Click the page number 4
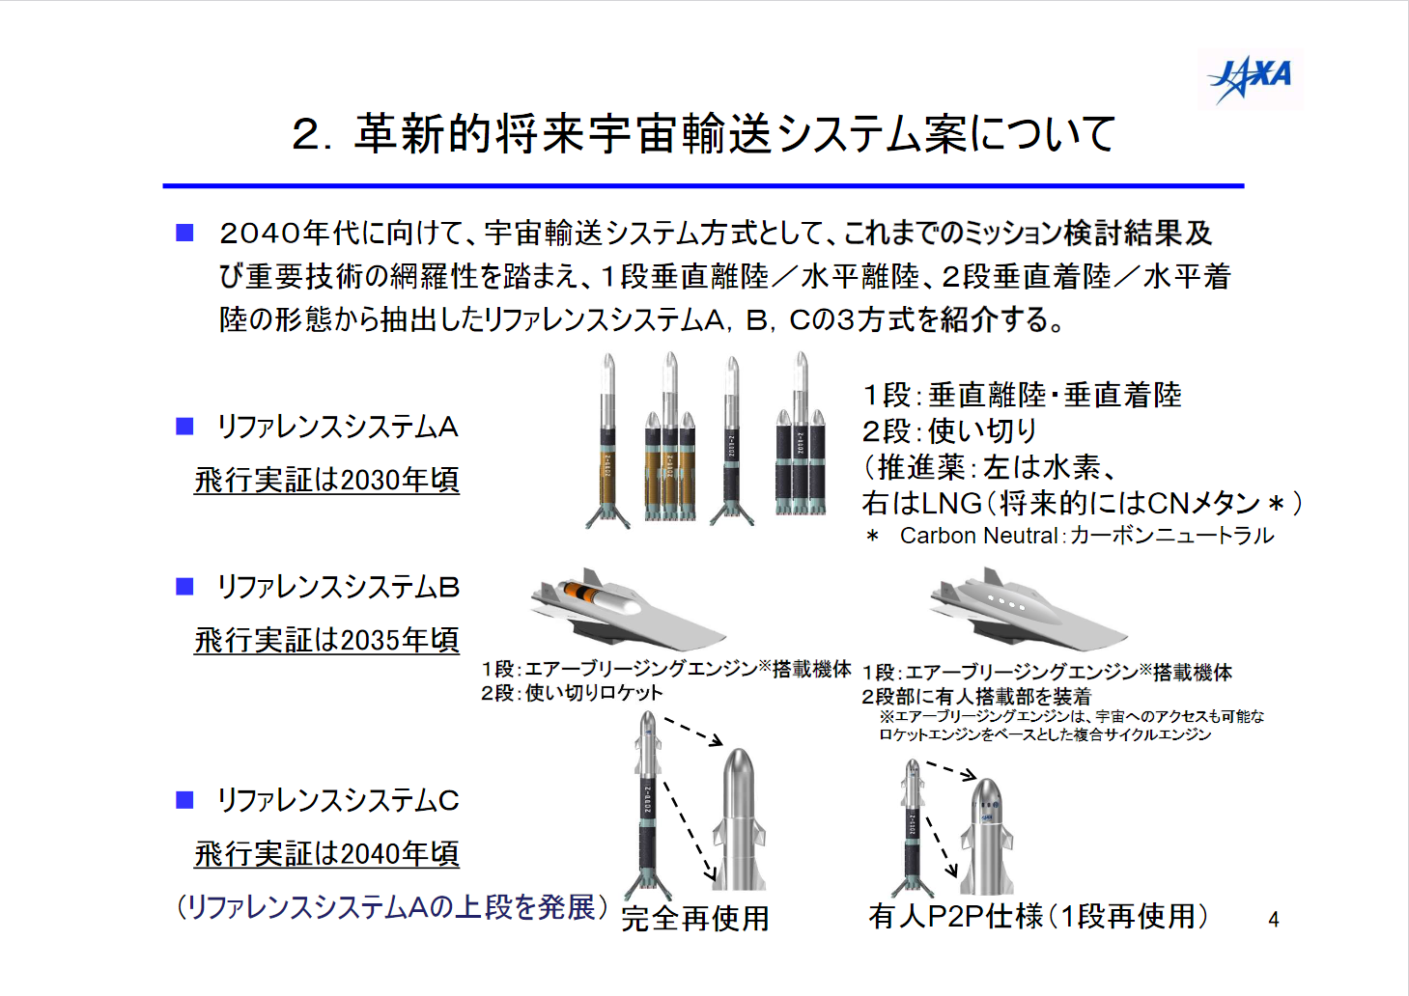[x=1274, y=920]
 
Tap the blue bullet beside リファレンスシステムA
[x=184, y=427]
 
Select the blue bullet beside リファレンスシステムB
[x=184, y=587]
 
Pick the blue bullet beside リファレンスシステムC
[x=184, y=800]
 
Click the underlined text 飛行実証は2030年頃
[x=326, y=481]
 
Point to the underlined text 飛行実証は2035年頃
[x=326, y=641]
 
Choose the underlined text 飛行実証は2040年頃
[x=326, y=854]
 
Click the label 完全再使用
[x=695, y=919]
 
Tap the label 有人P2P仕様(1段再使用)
[x=1038, y=916]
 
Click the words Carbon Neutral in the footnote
[x=978, y=536]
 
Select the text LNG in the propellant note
[x=951, y=503]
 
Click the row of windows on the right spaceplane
[x=1006, y=603]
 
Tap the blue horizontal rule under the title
[x=703, y=186]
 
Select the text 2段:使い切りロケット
[x=572, y=693]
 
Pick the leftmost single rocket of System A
[x=607, y=440]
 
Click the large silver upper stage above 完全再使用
[x=739, y=818]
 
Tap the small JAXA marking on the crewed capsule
[x=988, y=817]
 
